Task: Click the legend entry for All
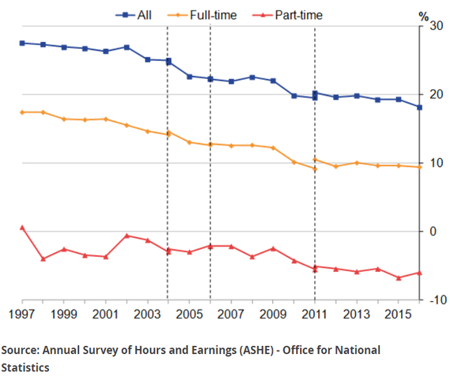click(133, 15)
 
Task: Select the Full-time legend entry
click(202, 15)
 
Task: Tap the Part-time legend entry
click(287, 15)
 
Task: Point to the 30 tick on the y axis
click(437, 26)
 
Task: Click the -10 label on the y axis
click(438, 300)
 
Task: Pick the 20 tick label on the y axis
click(437, 94)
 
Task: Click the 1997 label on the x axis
click(22, 314)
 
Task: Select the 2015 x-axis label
click(398, 314)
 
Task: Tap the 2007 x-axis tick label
click(231, 314)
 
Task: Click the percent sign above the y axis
click(424, 17)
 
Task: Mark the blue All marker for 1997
click(22, 43)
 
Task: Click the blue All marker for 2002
click(126, 47)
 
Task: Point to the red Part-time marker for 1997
click(22, 227)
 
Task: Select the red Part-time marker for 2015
click(399, 278)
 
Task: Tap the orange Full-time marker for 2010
click(294, 162)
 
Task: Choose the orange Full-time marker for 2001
click(106, 119)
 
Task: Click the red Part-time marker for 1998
click(43, 259)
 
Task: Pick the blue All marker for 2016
click(419, 107)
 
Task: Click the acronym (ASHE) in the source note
click(255, 351)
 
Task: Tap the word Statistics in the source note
click(25, 367)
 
